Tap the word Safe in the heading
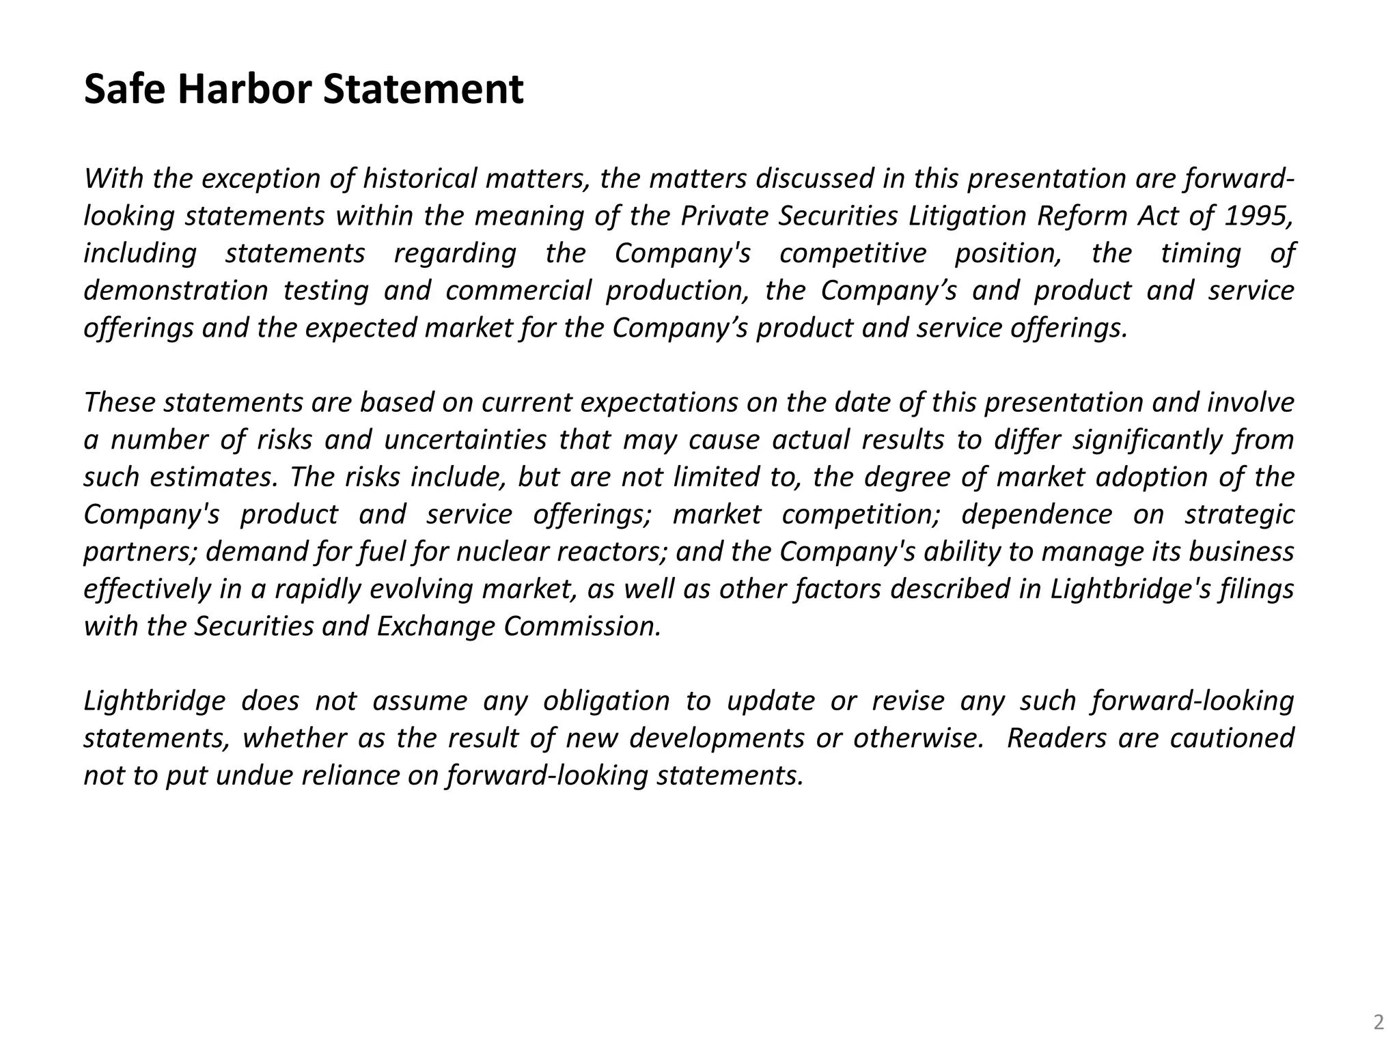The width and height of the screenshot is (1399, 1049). pos(124,89)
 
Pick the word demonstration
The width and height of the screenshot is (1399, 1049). pos(176,291)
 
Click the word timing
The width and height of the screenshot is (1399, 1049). pos(1200,253)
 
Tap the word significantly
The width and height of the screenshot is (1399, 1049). pos(1147,440)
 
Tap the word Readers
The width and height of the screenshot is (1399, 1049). pos(1056,738)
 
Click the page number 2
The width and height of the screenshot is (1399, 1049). pos(1379,1022)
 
